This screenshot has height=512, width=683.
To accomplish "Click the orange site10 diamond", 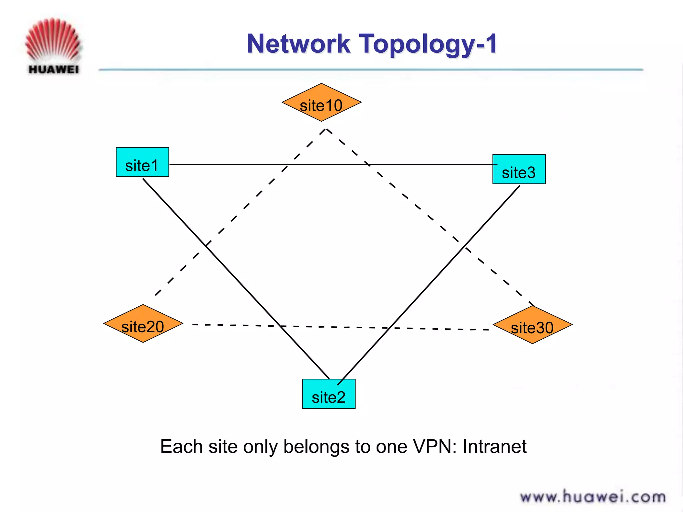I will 321,103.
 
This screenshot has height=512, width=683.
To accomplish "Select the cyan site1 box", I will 142,162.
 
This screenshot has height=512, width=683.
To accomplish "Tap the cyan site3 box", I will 519,169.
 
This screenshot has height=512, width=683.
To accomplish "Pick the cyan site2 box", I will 329,394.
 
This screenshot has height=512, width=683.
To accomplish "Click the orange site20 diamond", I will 143,323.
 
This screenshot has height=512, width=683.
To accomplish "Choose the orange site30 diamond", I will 533,325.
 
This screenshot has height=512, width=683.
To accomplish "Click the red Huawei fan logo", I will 53,40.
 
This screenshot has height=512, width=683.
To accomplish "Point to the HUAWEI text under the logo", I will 54,70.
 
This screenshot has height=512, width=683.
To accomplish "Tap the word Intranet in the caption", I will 494,446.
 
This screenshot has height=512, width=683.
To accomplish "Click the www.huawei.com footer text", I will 593,497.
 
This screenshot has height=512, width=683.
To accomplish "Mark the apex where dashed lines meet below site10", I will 326,129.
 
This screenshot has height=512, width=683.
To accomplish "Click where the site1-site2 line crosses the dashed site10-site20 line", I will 207,246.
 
